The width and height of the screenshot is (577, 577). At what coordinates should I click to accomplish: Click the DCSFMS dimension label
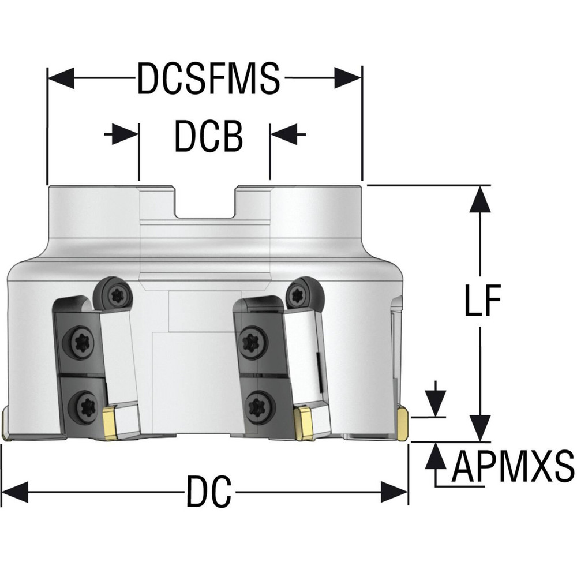pyautogui.click(x=208, y=78)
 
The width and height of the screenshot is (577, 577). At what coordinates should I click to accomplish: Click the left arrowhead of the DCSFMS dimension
pyautogui.click(x=61, y=78)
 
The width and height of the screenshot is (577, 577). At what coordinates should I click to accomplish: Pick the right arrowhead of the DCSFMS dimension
pyautogui.click(x=347, y=78)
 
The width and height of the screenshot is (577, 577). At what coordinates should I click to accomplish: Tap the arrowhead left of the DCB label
pyautogui.click(x=125, y=134)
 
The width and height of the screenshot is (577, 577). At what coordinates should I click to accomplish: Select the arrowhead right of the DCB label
pyautogui.click(x=284, y=134)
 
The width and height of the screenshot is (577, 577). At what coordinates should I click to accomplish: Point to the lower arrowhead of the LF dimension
pyautogui.click(x=480, y=428)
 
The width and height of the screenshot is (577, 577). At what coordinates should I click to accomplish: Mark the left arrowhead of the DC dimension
pyautogui.click(x=15, y=492)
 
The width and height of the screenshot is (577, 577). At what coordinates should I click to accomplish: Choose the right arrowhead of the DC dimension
pyautogui.click(x=394, y=492)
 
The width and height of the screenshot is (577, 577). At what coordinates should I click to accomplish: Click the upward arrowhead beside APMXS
pyautogui.click(x=436, y=456)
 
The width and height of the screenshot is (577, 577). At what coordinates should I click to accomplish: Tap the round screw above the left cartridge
pyautogui.click(x=113, y=294)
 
